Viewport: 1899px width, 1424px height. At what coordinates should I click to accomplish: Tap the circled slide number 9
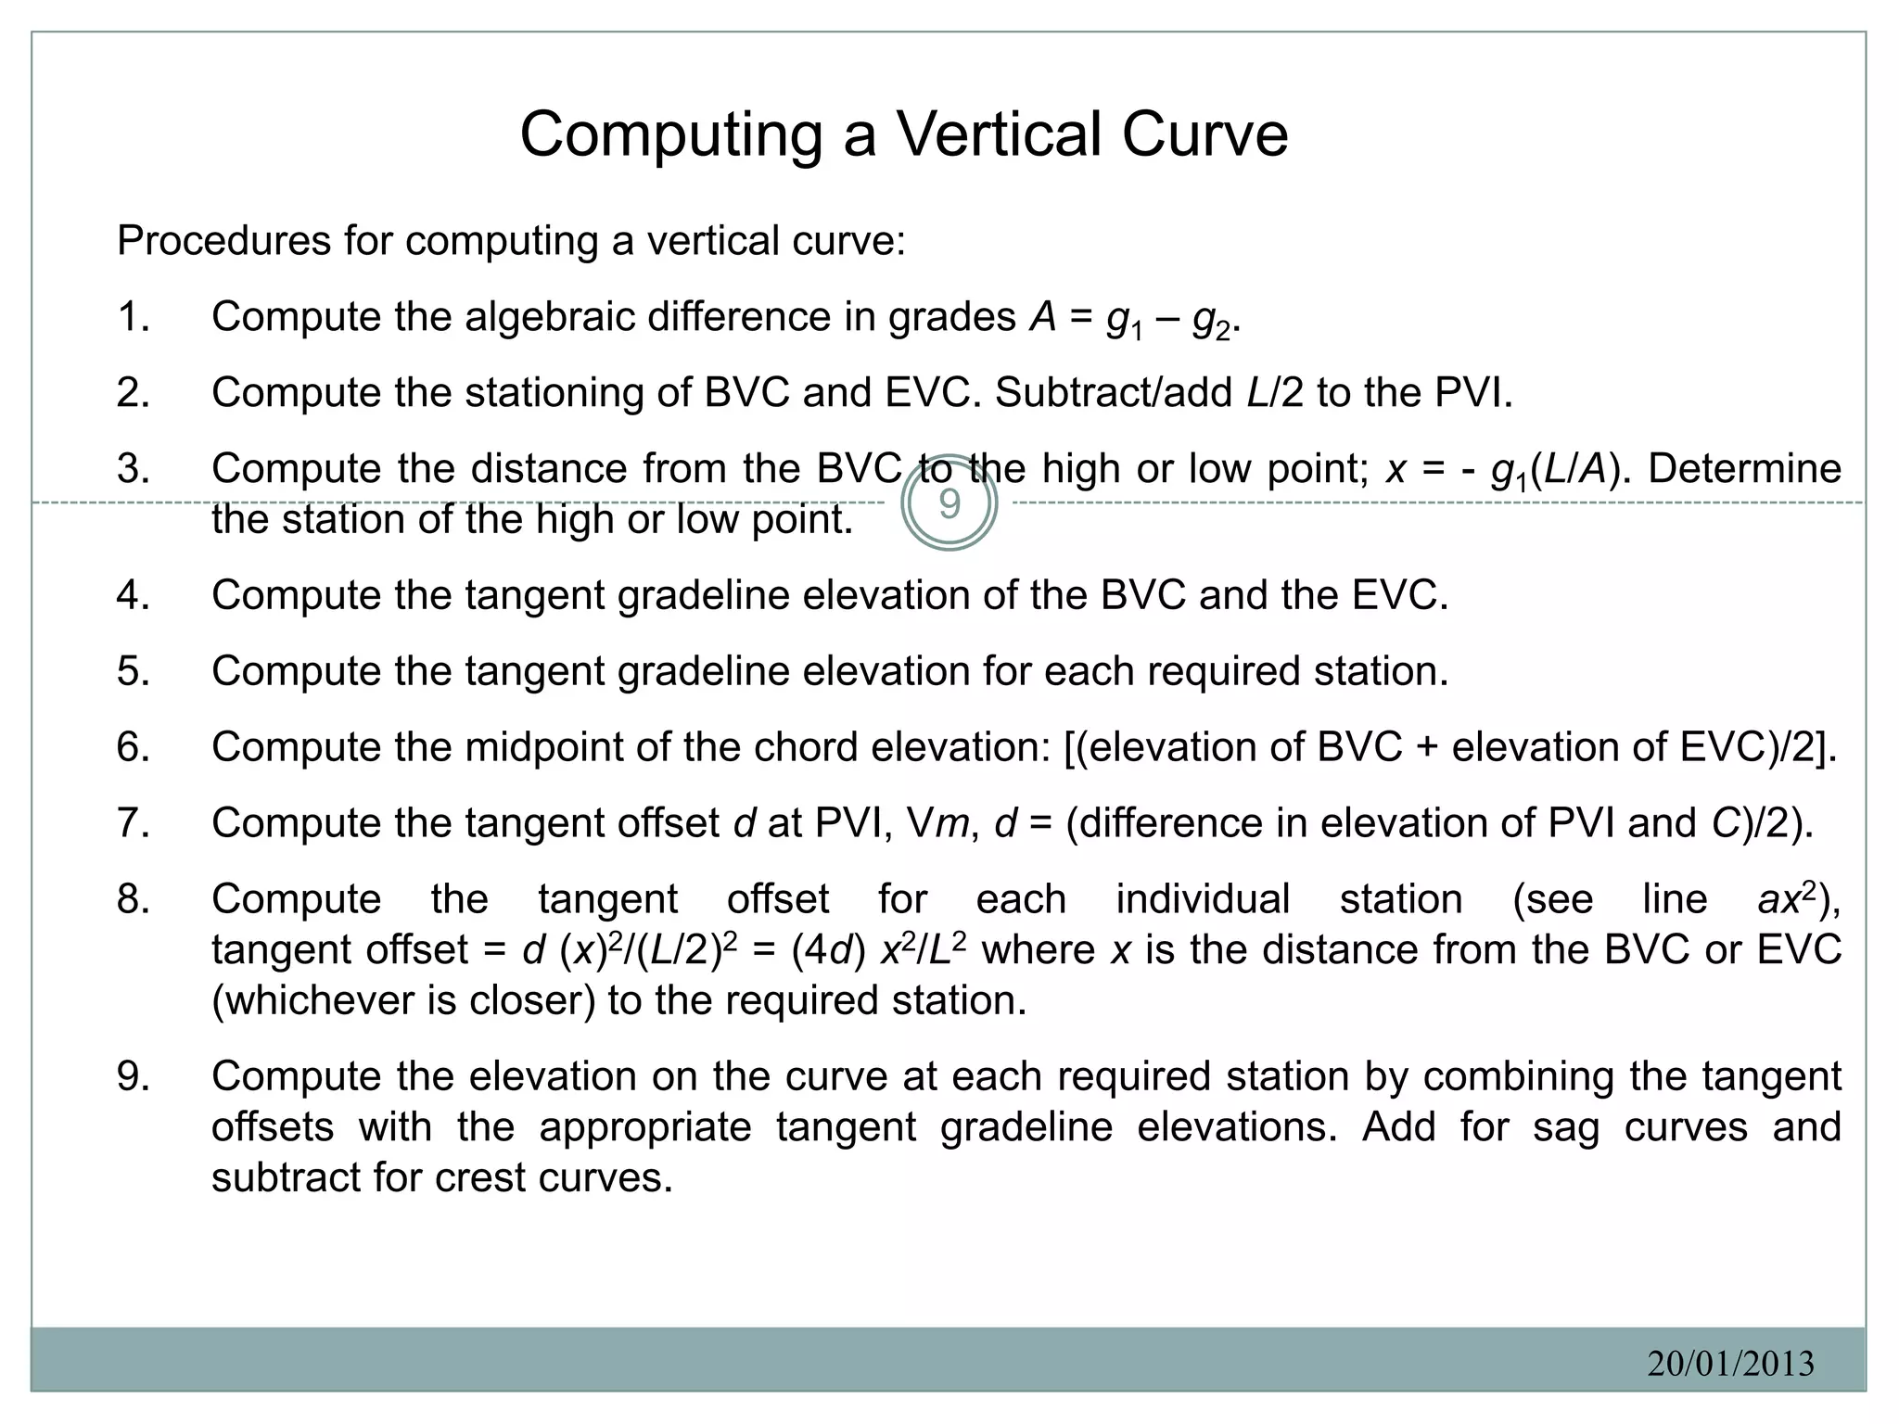(949, 504)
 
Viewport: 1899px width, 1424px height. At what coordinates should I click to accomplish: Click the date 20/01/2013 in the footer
(1730, 1363)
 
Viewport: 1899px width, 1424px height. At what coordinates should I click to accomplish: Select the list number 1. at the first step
(134, 317)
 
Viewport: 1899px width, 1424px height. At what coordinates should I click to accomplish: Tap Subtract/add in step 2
(1114, 393)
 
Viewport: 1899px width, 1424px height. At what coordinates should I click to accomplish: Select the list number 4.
(134, 595)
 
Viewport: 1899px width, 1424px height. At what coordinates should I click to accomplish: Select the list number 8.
(134, 899)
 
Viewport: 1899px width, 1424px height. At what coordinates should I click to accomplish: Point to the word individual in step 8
(1203, 899)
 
